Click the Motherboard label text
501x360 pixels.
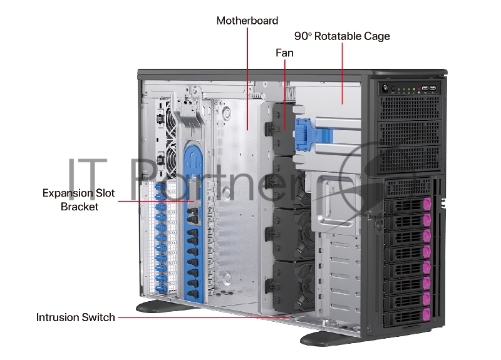[x=247, y=21]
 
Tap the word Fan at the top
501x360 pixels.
[x=284, y=53]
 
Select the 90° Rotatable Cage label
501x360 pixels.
[x=342, y=36]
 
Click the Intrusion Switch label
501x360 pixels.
[x=76, y=317]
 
